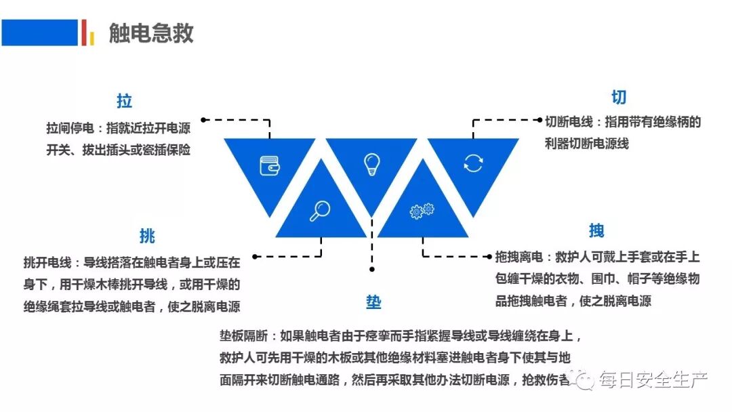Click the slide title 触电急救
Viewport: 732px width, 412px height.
tap(151, 33)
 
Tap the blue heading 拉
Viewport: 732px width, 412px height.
tap(124, 102)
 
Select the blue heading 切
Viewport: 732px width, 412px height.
tap(619, 98)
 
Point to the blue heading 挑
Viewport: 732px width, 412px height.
tap(147, 236)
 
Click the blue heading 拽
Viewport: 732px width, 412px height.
tap(596, 231)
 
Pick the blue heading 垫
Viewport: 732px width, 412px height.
tap(373, 302)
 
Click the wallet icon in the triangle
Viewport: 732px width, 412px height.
tap(270, 165)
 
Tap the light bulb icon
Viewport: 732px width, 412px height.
tap(371, 164)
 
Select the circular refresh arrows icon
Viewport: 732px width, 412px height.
tap(473, 163)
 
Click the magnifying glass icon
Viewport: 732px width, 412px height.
tap(320, 211)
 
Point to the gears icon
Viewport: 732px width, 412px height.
tap(422, 211)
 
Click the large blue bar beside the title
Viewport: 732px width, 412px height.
tap(39, 33)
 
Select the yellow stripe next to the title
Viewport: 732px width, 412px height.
tap(91, 37)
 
